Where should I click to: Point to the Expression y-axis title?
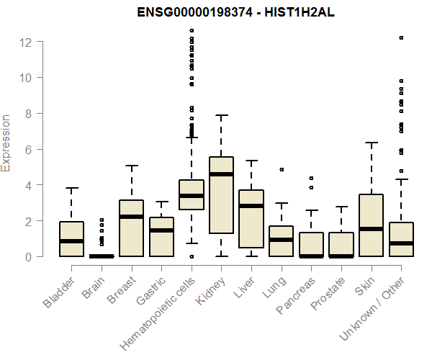coord(6,142)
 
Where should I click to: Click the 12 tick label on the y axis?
coord(26,42)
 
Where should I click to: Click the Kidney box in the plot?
coord(221,194)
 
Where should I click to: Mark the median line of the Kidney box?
coord(221,174)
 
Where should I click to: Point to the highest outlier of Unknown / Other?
coord(401,37)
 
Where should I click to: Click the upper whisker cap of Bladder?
coord(71,189)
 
